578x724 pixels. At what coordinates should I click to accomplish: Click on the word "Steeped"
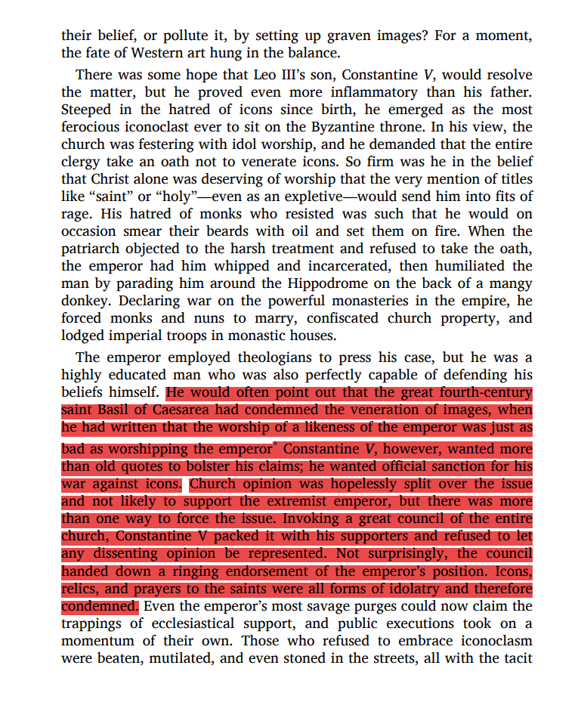(x=89, y=110)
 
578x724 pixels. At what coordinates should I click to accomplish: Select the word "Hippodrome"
(x=327, y=283)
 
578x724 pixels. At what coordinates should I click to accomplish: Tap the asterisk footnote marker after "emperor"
(x=277, y=444)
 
